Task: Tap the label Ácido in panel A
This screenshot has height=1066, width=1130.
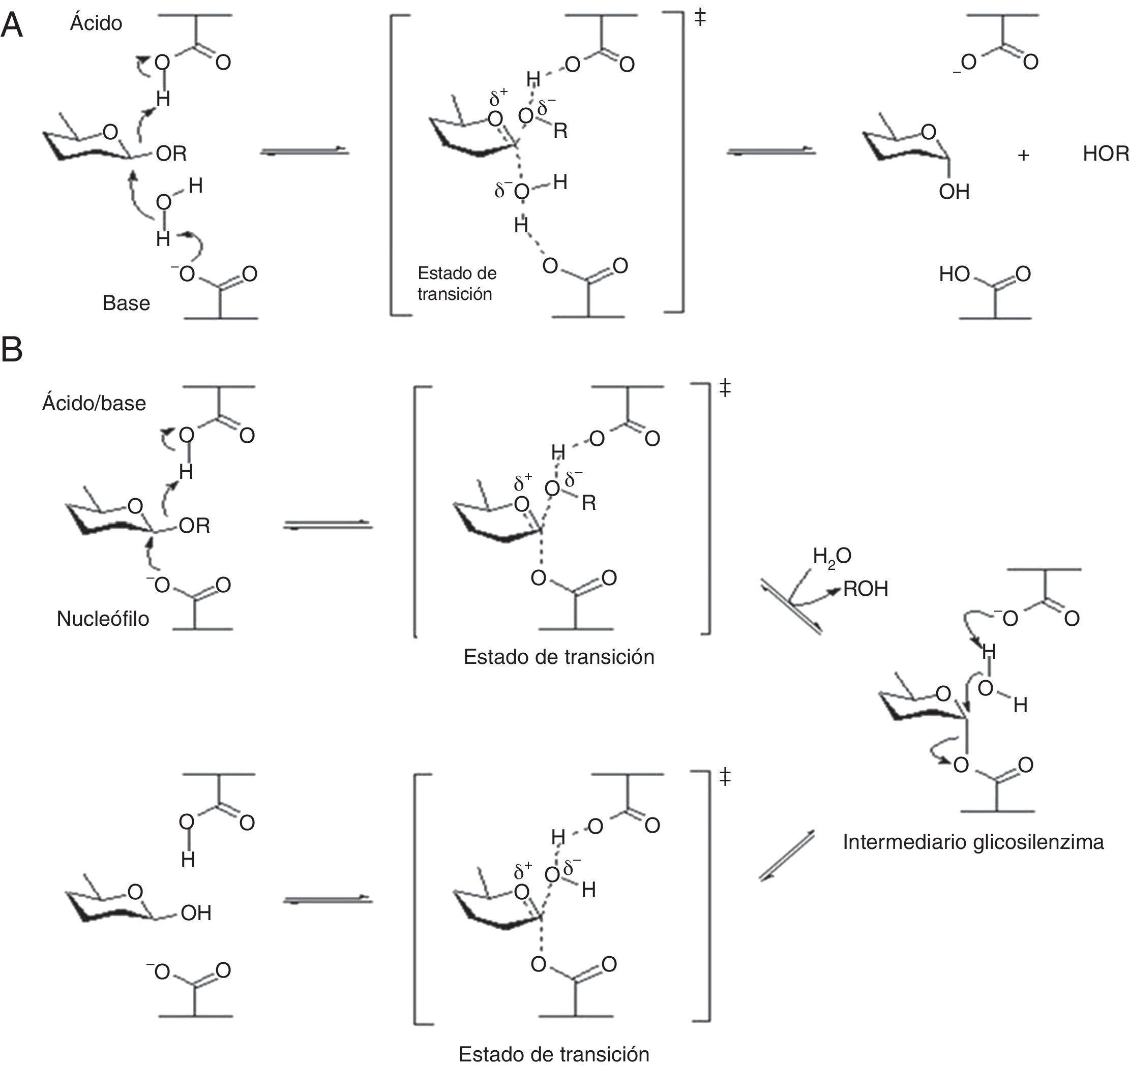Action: coord(96,23)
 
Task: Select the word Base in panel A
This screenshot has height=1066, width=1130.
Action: coord(126,303)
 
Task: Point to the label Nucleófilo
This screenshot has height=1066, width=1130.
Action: coord(103,618)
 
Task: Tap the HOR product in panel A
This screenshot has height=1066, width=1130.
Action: coord(1106,154)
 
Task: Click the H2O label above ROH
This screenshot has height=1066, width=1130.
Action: coord(831,556)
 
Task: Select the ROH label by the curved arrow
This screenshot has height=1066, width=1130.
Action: coord(866,589)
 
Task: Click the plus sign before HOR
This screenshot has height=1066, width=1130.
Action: coord(1023,155)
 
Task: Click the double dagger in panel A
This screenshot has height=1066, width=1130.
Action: coord(700,18)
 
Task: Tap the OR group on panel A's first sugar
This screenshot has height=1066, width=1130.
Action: coord(171,154)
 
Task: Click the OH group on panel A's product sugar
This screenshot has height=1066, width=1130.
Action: coord(954,192)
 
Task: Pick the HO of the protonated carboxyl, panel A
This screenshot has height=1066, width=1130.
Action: coord(955,275)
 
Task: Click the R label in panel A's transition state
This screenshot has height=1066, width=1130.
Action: coord(560,131)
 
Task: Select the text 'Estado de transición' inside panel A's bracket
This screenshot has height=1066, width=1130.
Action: coord(457,283)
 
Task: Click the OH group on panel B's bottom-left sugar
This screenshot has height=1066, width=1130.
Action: coord(196,913)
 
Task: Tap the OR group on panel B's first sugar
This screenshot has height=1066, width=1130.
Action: coord(194,526)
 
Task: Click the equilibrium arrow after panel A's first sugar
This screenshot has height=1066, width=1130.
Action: coord(304,151)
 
